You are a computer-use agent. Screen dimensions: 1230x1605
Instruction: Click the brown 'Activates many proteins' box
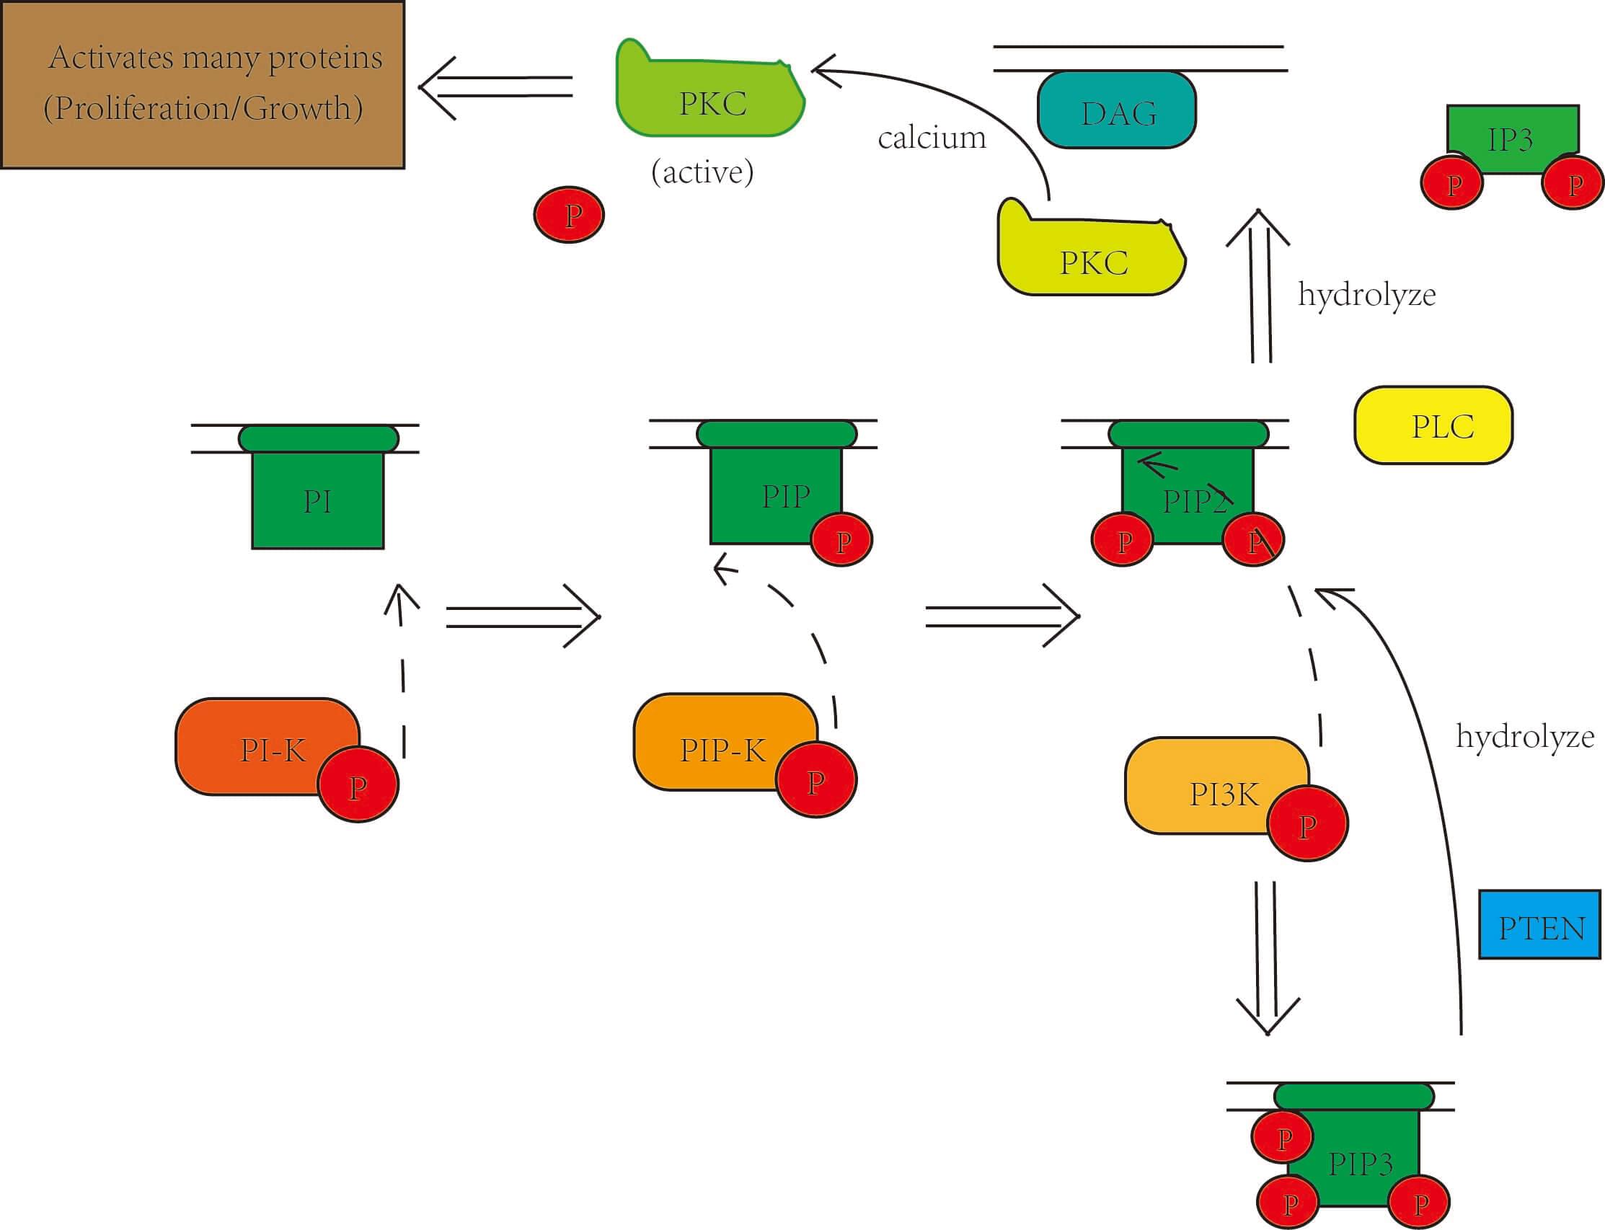point(202,84)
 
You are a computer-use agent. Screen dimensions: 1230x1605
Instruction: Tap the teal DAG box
point(1117,111)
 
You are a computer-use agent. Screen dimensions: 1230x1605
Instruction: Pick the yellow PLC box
point(1433,425)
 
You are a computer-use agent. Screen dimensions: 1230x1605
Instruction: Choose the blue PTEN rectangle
point(1539,925)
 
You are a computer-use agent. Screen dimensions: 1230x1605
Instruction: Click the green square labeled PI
point(318,501)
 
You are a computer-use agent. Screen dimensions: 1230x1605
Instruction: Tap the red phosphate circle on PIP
point(842,540)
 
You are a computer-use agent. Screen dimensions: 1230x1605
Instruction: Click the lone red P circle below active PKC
point(569,214)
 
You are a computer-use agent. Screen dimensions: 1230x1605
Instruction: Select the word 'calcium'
point(932,138)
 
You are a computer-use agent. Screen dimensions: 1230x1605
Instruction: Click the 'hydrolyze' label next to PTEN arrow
point(1524,736)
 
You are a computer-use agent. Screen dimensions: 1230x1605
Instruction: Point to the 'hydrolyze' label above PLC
point(1366,294)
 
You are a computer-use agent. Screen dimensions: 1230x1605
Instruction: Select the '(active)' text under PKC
point(702,172)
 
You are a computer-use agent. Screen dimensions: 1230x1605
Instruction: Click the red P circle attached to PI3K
point(1307,823)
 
